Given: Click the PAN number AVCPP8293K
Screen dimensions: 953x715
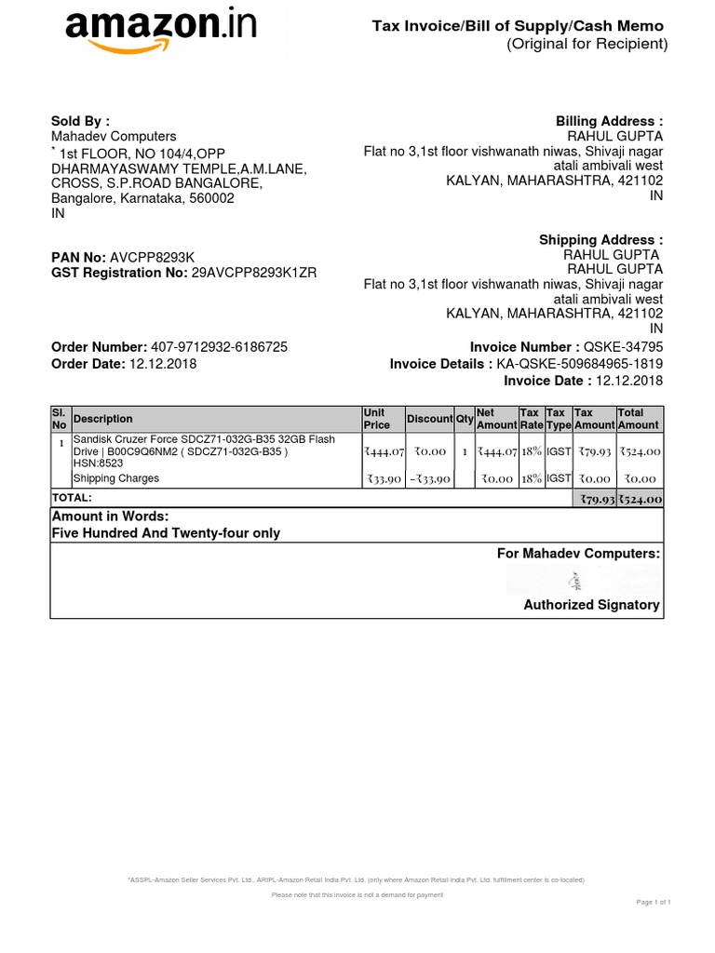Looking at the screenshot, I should pos(153,257).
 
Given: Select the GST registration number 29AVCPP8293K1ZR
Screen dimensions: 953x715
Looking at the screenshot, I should pos(254,274).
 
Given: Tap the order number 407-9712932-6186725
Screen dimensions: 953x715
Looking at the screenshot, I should pos(219,347).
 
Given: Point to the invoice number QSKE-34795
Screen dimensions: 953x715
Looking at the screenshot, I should pos(624,347).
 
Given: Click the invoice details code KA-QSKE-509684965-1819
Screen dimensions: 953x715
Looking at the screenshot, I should pos(580,364).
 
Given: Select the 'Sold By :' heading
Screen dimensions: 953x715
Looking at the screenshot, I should pos(80,121).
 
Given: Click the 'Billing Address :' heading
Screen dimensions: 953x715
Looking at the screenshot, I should pos(610,121).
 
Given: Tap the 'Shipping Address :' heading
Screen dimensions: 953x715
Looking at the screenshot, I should pos(601,240).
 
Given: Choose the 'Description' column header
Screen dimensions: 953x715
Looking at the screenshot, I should pos(102,419).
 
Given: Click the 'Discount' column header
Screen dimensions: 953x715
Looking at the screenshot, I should pos(429,419).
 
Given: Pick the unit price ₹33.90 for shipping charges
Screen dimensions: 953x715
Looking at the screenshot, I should pos(383,479).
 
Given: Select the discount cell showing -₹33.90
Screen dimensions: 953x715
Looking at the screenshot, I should pos(429,479).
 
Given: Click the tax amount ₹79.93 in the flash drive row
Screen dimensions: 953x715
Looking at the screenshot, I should pos(594,451).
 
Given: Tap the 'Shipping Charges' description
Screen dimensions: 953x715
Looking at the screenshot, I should pos(116,478).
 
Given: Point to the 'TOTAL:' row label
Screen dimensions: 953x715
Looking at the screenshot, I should pos(72,499).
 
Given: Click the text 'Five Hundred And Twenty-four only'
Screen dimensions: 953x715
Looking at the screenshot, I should pos(166,533).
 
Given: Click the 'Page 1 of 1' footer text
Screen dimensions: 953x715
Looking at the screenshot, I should pos(654,903).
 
